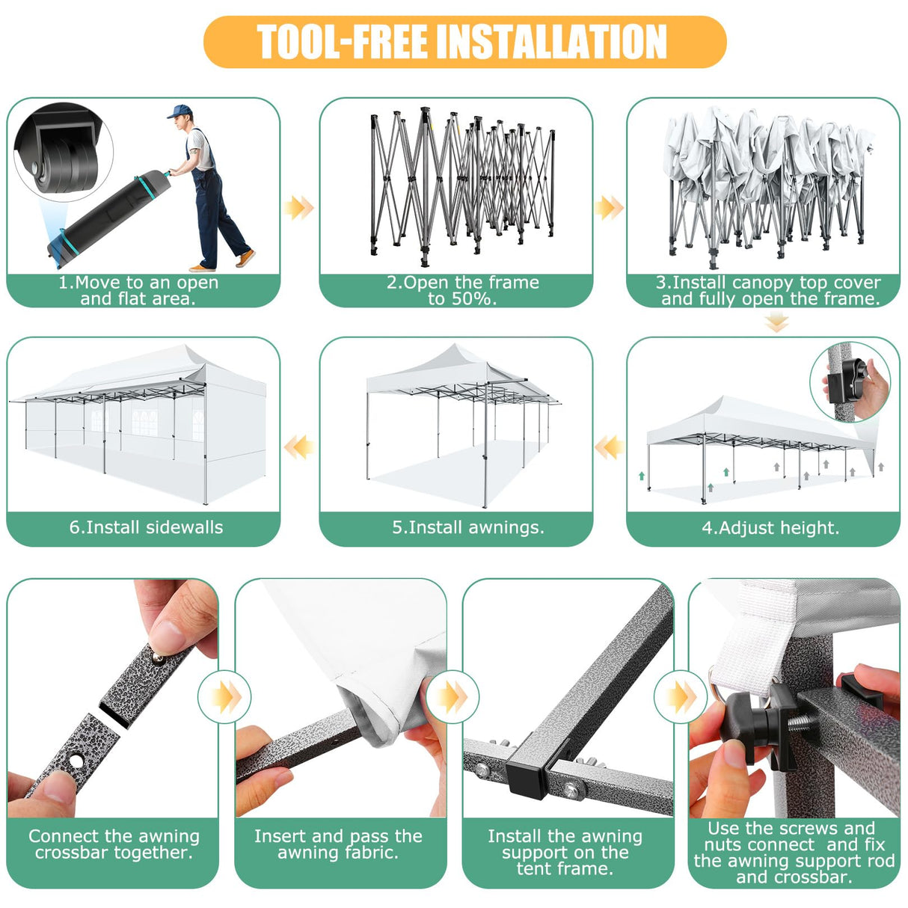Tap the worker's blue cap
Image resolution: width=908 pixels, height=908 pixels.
(x=180, y=111)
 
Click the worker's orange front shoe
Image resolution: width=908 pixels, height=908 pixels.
(x=245, y=258)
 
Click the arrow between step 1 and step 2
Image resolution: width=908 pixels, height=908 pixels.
(x=298, y=208)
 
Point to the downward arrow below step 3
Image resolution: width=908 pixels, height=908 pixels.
(x=776, y=323)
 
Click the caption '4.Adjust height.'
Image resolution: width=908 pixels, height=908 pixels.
(x=770, y=528)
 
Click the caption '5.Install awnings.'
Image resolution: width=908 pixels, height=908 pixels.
(x=468, y=527)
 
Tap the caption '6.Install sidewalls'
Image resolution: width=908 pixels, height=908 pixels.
(x=146, y=527)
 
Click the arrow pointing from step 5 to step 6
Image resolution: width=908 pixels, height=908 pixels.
(x=298, y=447)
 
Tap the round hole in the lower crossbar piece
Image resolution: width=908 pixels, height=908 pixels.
(x=76, y=760)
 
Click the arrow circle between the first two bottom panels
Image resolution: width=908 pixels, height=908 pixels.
(x=225, y=697)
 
